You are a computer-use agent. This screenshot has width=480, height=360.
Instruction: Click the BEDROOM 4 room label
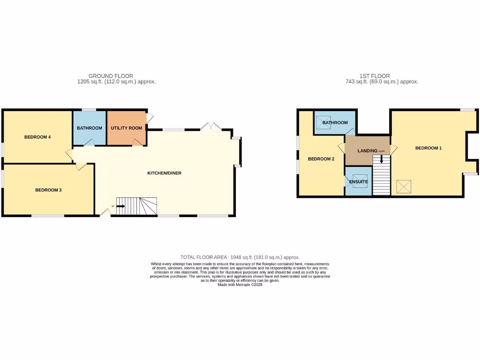click(37, 137)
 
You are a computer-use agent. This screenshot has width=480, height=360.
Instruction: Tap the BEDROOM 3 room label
click(48, 190)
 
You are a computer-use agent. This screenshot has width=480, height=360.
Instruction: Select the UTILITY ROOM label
click(126, 128)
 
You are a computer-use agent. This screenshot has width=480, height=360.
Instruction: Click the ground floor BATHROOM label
click(90, 128)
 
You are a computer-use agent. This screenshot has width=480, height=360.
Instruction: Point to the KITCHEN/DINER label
click(164, 173)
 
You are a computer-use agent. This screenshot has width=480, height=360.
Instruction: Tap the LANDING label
click(367, 150)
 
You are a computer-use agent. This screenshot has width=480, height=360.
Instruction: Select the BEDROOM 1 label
click(428, 148)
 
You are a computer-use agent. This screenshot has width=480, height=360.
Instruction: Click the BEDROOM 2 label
click(321, 159)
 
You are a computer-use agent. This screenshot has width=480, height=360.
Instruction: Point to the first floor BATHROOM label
click(335, 123)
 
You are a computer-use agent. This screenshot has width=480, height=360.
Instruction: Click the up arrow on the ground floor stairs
click(120, 205)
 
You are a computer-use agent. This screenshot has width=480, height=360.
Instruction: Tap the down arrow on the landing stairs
click(382, 159)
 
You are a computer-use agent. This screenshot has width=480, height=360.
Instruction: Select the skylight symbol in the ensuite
click(360, 184)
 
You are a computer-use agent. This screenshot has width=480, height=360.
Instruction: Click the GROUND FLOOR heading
click(111, 75)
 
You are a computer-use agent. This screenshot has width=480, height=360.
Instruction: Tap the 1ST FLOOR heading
click(375, 75)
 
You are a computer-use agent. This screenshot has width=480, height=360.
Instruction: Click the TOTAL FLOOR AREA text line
click(240, 257)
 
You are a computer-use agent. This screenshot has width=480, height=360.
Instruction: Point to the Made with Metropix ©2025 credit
click(240, 285)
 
